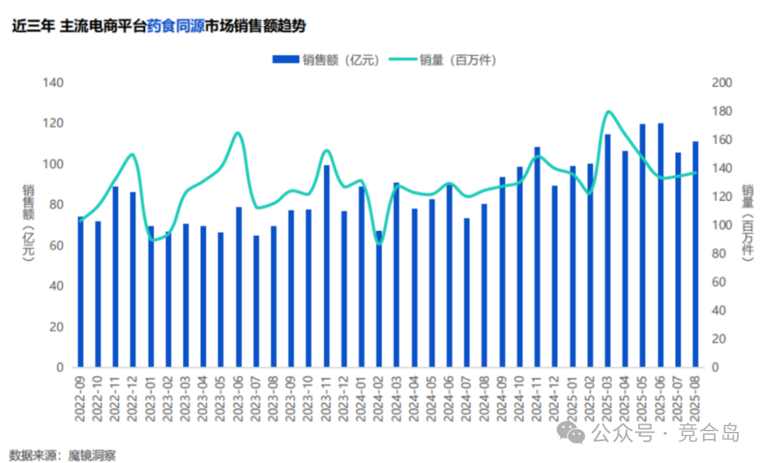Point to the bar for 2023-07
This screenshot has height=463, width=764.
(256, 301)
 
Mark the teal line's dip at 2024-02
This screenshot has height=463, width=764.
(379, 244)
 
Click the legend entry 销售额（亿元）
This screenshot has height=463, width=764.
(326, 60)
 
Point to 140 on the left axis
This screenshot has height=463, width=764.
(54, 83)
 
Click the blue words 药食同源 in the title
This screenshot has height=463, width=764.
(175, 26)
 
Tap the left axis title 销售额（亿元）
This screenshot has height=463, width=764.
(28, 223)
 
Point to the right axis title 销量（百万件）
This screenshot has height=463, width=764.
(747, 223)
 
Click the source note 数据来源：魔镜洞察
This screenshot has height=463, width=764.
(62, 454)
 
